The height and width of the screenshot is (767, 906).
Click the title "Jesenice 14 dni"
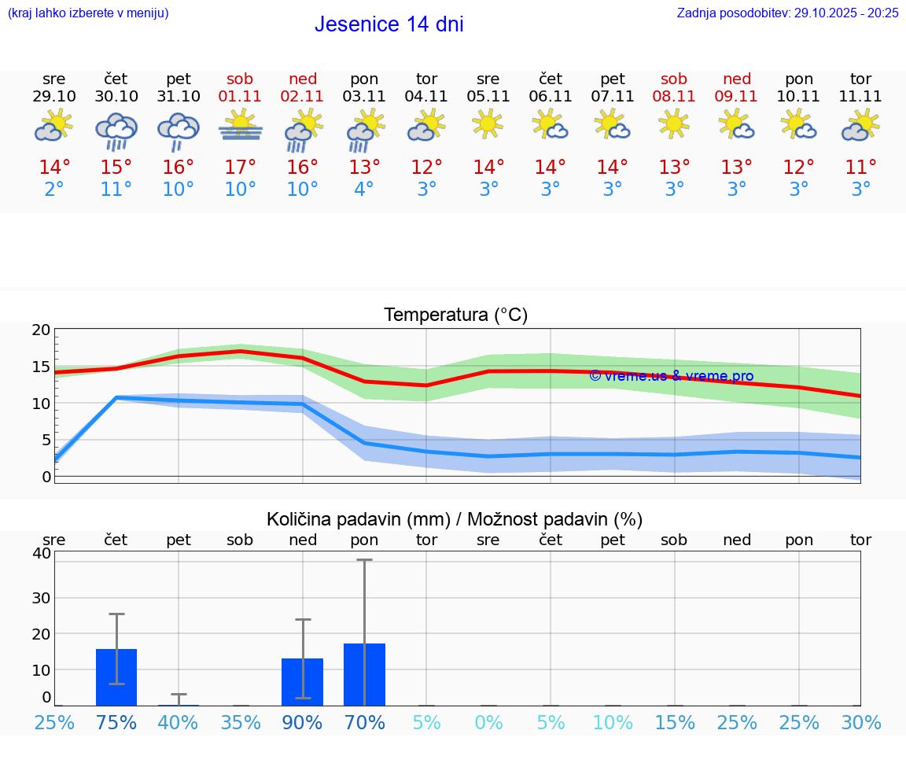389,24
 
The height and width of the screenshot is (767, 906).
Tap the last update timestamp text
787,13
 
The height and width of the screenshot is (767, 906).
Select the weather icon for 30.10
116,129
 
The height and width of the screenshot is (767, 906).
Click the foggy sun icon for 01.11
241,126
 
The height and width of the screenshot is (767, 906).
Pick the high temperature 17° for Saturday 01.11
241,168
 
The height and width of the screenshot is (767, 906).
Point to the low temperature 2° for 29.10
54,190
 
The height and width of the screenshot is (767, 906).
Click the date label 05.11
488,97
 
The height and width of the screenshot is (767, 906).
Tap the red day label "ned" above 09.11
737,79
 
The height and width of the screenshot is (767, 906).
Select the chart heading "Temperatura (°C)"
455,315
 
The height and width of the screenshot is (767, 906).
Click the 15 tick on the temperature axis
41,367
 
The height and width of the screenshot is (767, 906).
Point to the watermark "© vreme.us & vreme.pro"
671,376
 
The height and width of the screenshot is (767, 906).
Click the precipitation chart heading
455,519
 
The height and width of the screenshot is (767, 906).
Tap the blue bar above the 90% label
303,681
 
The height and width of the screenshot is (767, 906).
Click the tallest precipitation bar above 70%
364,674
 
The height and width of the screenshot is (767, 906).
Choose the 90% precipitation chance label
303,723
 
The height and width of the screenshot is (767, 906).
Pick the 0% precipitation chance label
488,723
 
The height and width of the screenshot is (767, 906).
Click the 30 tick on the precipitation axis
41,598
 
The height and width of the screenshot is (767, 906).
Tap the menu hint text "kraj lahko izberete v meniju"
88,13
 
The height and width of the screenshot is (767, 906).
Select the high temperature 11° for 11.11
861,168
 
